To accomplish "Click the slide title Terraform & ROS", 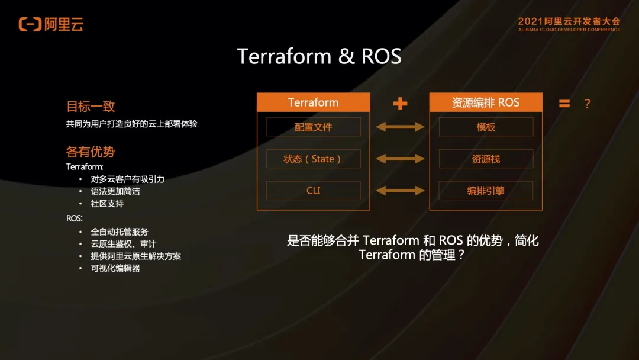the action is tap(319, 56).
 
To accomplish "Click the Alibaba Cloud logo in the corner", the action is tap(51, 24).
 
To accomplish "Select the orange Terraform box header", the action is tap(313, 102).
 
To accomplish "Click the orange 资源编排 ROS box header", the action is tap(485, 102).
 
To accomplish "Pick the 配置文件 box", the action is tap(313, 127).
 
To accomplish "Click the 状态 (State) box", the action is tap(313, 159).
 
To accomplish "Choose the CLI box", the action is tap(313, 191).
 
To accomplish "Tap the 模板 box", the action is tap(485, 127).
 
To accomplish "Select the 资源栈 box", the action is tap(485, 159).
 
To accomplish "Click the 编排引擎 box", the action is tap(485, 191).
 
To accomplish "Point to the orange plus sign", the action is tap(401, 104).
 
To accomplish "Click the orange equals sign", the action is tap(564, 104).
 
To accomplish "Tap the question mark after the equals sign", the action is tap(587, 104).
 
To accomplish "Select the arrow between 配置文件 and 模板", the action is tap(401, 127).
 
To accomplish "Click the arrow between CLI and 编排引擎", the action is tap(401, 191).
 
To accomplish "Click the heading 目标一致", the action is tap(91, 107).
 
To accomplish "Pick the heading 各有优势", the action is tap(91, 152).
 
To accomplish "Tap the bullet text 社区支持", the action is tap(107, 203).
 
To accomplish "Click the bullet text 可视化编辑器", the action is tap(115, 268).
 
